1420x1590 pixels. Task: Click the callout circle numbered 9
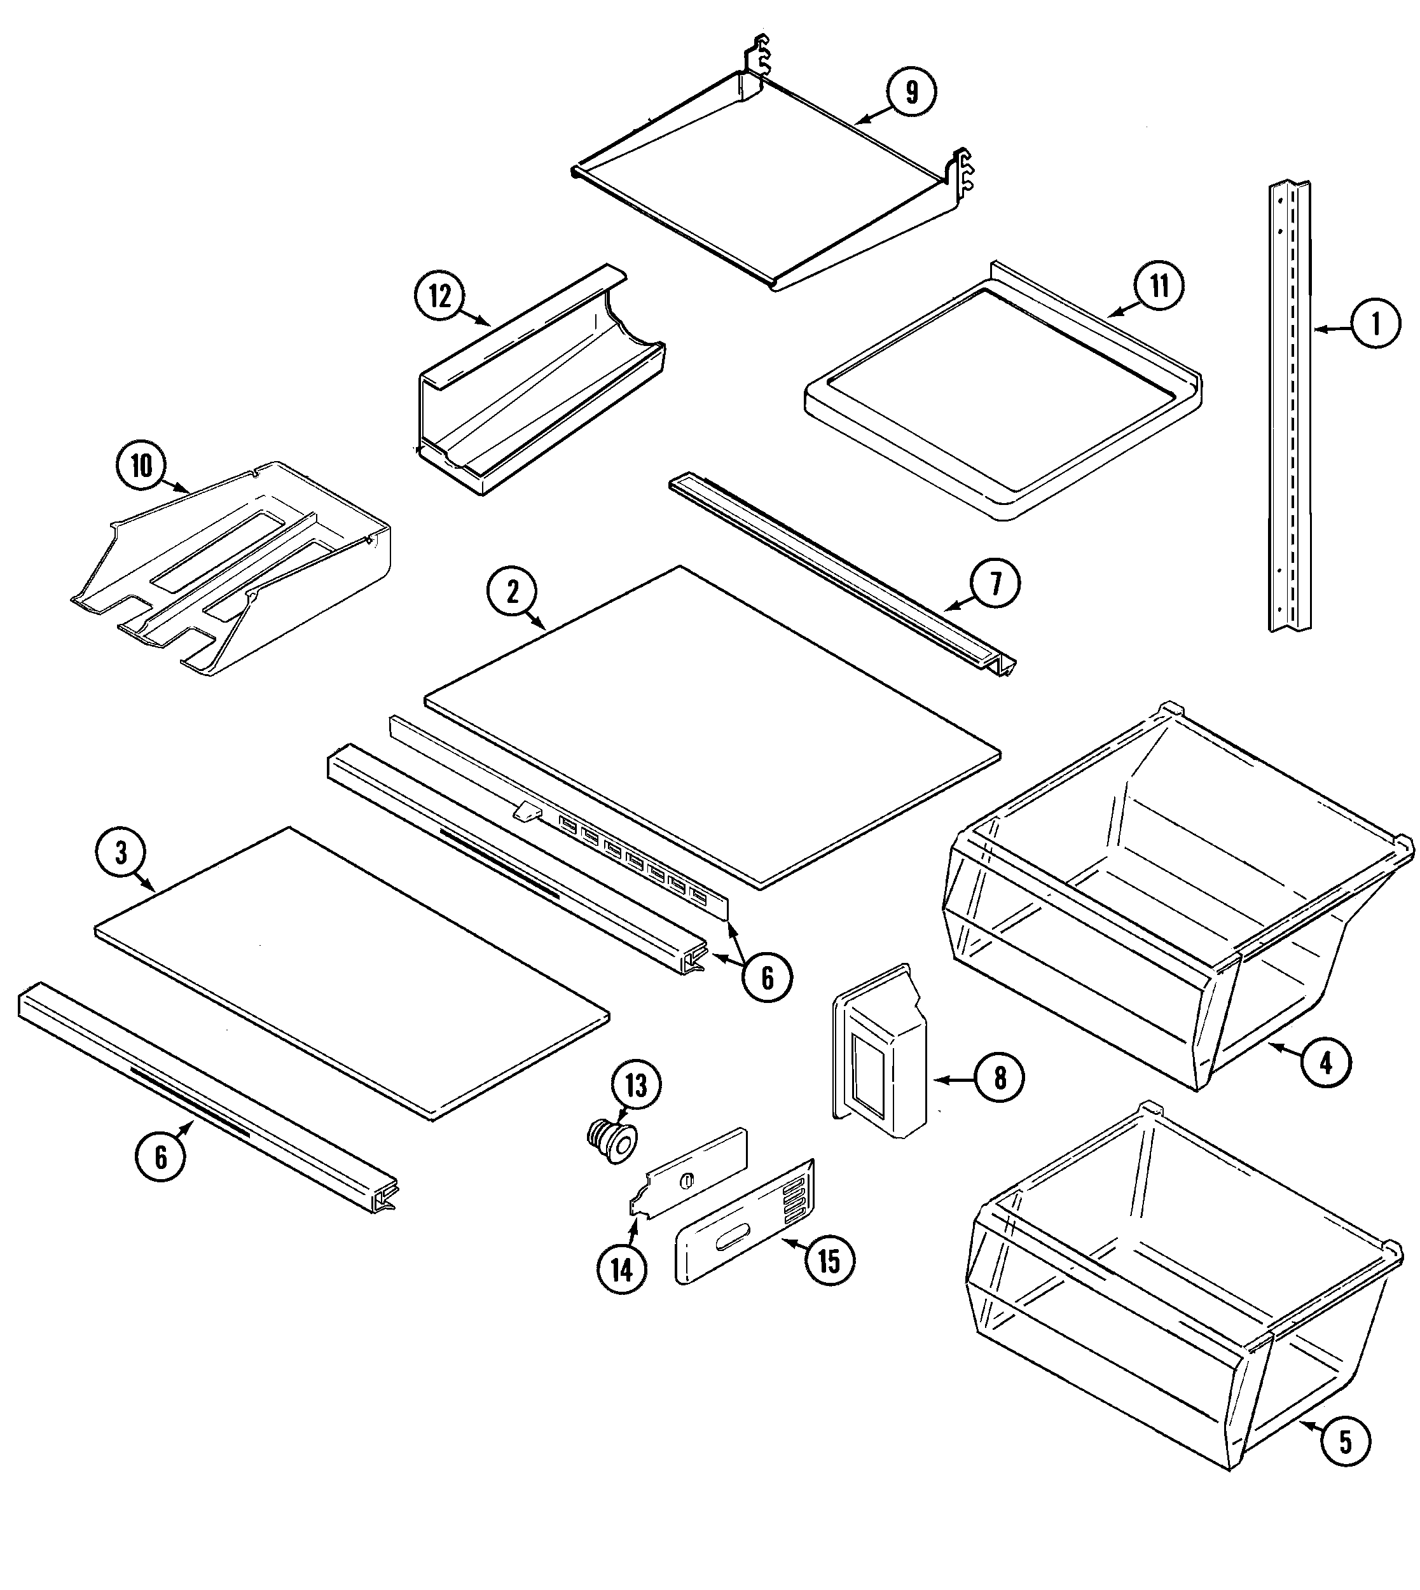pyautogui.click(x=911, y=92)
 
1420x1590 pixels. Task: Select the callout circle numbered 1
pyautogui.click(x=1376, y=323)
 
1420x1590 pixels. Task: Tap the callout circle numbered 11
pyautogui.click(x=1159, y=286)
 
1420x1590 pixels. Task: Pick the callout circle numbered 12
pyautogui.click(x=440, y=296)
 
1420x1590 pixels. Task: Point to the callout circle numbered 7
pyautogui.click(x=995, y=584)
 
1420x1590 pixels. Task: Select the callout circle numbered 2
pyautogui.click(x=512, y=592)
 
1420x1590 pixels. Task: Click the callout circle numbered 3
pyautogui.click(x=121, y=853)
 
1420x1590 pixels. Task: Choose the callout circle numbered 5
pyautogui.click(x=1345, y=1442)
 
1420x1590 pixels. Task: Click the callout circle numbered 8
pyautogui.click(x=1000, y=1078)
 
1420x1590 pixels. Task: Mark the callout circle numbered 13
pyautogui.click(x=636, y=1085)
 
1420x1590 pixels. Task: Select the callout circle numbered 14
pyautogui.click(x=622, y=1270)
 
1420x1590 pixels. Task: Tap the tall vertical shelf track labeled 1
pyautogui.click(x=1289, y=406)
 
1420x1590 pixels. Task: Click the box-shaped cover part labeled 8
pyautogui.click(x=880, y=1053)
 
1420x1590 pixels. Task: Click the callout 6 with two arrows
pyautogui.click(x=766, y=977)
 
